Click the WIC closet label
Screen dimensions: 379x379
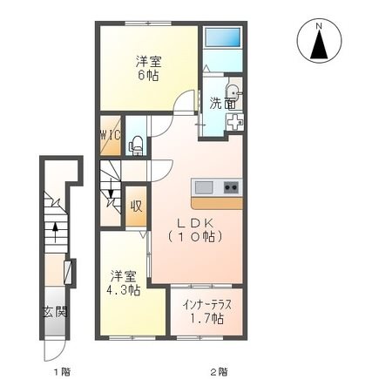(109, 135)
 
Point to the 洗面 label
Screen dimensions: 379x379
(221, 104)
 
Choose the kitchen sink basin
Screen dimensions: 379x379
(204, 187)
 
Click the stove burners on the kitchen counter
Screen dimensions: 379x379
(230, 187)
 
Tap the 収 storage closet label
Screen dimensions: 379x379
(137, 206)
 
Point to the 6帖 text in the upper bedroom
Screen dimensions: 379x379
(149, 77)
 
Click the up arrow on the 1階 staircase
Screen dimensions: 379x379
(55, 232)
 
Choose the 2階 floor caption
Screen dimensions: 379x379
(218, 371)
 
